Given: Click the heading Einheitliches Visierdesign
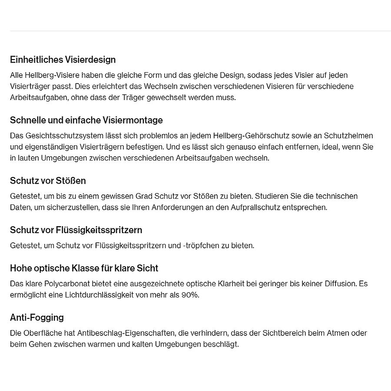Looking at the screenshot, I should click(63, 60).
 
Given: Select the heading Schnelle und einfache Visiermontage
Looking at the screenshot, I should click(86, 120).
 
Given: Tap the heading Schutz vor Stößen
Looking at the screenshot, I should click(48, 180).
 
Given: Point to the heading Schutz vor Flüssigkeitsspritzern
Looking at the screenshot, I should click(76, 230).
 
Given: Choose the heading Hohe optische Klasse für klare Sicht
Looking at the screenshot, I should click(84, 268).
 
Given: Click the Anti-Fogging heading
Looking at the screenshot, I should click(37, 317).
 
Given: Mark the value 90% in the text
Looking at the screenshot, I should click(190, 295).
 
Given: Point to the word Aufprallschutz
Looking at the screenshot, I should click(257, 207).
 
